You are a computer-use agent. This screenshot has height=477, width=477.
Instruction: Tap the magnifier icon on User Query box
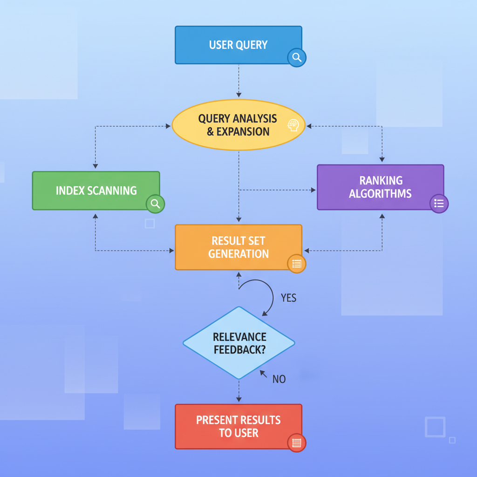click(x=297, y=58)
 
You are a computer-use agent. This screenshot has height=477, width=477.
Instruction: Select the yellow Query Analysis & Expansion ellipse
click(x=238, y=124)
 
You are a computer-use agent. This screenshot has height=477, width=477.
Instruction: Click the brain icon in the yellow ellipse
click(x=293, y=125)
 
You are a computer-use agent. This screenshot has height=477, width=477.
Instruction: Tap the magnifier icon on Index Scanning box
click(x=155, y=204)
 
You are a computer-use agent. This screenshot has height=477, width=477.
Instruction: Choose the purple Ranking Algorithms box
click(x=380, y=187)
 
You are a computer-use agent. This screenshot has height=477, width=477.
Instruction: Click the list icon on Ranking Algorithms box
click(x=439, y=204)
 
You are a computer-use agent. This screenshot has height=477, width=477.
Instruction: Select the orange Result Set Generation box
click(x=238, y=247)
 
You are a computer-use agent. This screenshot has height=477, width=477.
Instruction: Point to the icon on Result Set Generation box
click(x=297, y=264)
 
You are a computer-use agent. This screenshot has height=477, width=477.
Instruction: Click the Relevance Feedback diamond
click(x=239, y=343)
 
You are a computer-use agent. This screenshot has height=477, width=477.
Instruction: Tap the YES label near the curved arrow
click(x=288, y=298)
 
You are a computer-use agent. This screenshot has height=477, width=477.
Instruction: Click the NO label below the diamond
click(x=279, y=379)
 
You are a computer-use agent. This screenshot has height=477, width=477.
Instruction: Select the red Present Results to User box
click(x=238, y=426)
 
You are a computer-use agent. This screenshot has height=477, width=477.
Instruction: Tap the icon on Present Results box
click(x=297, y=443)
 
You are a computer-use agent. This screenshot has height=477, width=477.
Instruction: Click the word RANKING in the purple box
click(x=381, y=181)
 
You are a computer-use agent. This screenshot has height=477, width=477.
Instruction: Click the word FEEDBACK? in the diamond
click(x=239, y=349)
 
